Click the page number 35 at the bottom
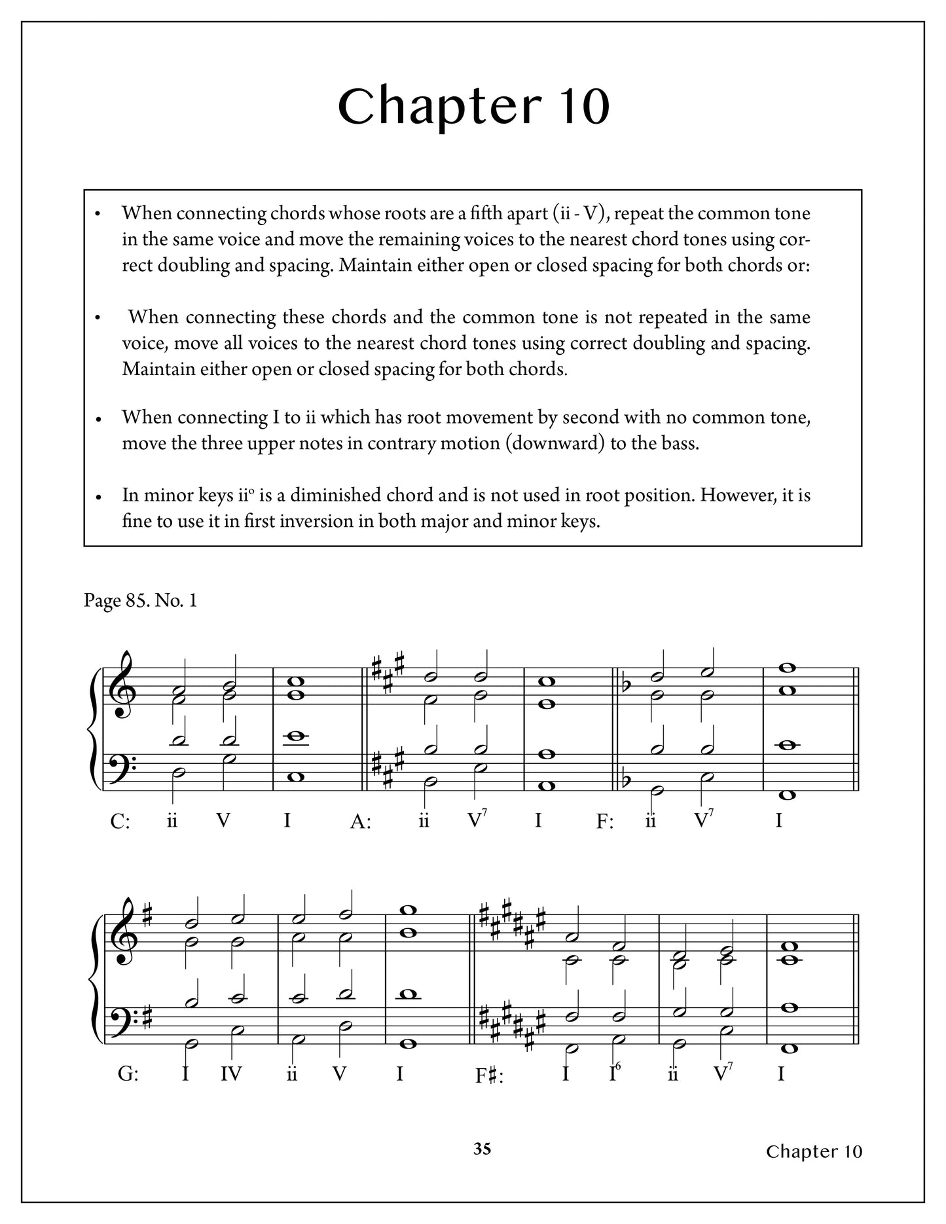point(482,1149)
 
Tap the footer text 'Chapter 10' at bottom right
point(814,1151)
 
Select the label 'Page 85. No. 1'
point(140,600)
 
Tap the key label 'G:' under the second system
point(128,1075)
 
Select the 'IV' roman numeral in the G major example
point(231,1074)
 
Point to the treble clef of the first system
point(122,686)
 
